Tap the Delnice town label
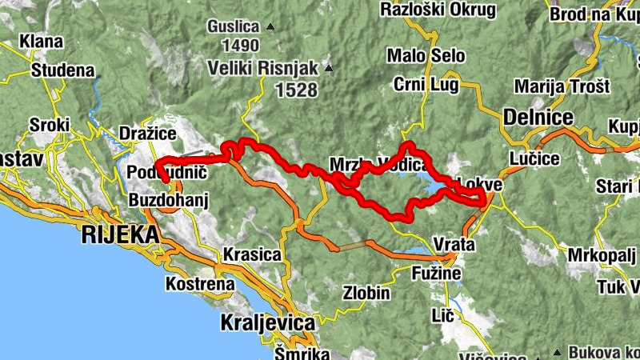point(538,118)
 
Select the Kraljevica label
point(266,323)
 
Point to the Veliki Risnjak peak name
point(263,67)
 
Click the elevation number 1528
point(296,90)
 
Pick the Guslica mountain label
point(234,26)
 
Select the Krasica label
point(253,255)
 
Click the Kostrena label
point(200,283)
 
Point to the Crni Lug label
point(425,85)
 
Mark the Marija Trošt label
point(562,86)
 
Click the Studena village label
point(62,70)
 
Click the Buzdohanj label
point(168,201)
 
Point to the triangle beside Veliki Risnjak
point(328,67)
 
